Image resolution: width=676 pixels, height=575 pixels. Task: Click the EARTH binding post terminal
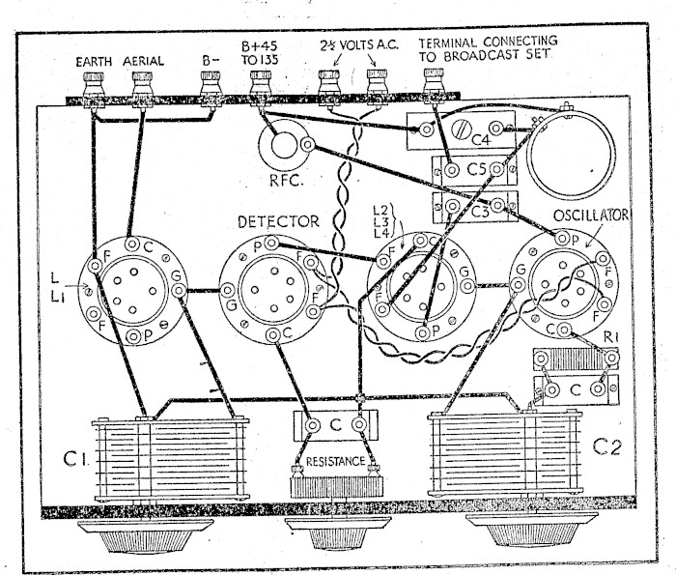point(93,89)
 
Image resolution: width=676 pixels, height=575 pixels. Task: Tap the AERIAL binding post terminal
point(142,89)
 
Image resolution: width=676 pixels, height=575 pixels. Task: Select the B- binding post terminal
point(211,89)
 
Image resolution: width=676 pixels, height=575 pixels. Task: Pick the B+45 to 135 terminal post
point(261,89)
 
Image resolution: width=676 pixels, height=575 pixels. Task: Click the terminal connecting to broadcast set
point(434,86)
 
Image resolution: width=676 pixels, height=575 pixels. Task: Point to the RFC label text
point(286,180)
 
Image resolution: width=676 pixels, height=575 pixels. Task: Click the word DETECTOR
point(278,221)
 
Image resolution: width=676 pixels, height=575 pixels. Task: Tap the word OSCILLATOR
point(590,216)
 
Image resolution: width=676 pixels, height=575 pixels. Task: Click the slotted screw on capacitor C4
point(461,129)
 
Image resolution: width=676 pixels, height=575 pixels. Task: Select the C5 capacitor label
point(477,169)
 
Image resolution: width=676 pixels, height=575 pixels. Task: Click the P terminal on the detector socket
point(271,244)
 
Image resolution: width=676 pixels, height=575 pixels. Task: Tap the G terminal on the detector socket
point(227,291)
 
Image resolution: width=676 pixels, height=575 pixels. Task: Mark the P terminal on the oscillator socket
point(562,238)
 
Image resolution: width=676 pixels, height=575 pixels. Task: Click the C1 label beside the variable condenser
point(76,459)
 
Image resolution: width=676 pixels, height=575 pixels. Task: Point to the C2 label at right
point(607,446)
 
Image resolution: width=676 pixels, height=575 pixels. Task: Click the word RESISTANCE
point(335,462)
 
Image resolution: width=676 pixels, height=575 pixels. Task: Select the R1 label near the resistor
point(610,338)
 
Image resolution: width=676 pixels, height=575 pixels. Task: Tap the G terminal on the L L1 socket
point(179,290)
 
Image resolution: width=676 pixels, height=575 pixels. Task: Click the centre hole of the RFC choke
point(283,145)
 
